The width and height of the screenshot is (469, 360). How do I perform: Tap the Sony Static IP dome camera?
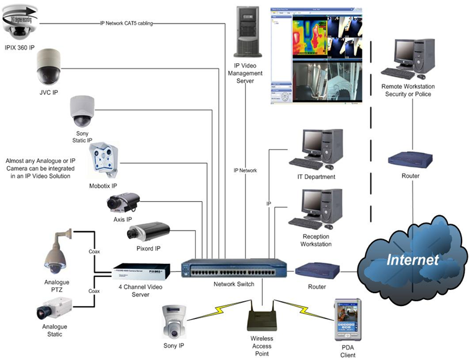pyautogui.click(x=82, y=111)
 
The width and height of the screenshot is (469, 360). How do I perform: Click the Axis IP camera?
pyautogui.click(x=122, y=203)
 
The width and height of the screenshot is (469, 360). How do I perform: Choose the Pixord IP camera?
pyautogui.click(x=144, y=232)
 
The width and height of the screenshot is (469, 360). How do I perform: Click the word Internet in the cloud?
pyautogui.click(x=413, y=259)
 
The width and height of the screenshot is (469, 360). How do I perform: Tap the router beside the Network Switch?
pyautogui.click(x=317, y=270)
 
